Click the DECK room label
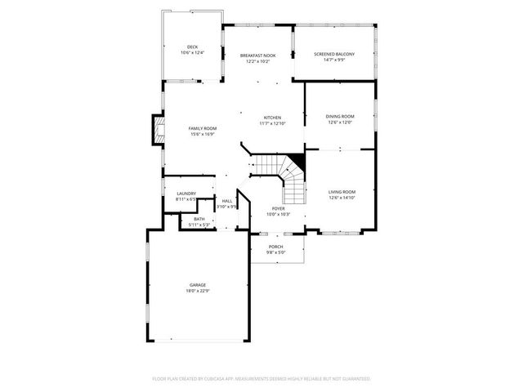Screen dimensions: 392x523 click(x=192, y=47)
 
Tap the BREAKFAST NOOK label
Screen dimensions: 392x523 click(x=257, y=56)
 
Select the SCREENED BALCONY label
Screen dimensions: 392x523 click(x=334, y=55)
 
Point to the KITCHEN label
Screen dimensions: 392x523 click(x=272, y=118)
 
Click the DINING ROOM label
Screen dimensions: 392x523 click(x=340, y=117)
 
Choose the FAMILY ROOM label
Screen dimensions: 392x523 click(x=203, y=128)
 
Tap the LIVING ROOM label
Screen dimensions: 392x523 click(x=342, y=192)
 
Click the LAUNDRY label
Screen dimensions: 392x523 click(x=186, y=194)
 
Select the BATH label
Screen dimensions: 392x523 click(x=199, y=219)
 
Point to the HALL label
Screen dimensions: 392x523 click(x=226, y=201)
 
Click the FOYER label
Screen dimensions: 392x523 click(x=279, y=208)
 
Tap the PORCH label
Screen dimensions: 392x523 click(x=275, y=247)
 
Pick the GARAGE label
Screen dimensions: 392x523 click(x=198, y=285)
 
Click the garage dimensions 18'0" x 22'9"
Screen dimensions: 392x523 click(x=198, y=291)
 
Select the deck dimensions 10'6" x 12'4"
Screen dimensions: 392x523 click(x=192, y=53)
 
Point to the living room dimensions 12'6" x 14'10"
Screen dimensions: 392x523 click(x=342, y=198)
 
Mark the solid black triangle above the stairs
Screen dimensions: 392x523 click(x=297, y=159)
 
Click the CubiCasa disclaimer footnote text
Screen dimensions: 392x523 click(x=261, y=379)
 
